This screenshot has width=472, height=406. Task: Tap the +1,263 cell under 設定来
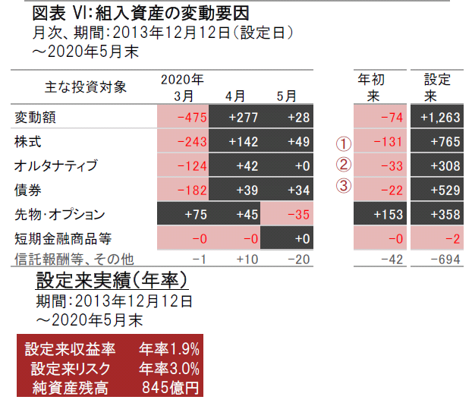[x=440, y=118]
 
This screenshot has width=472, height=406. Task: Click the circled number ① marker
[x=344, y=142]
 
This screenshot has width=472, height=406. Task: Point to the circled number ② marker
[x=344, y=165]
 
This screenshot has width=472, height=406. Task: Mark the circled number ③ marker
[x=344, y=187]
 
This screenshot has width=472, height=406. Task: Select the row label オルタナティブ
[x=56, y=165]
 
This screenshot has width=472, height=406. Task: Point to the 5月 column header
[x=286, y=96]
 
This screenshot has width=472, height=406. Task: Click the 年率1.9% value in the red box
[x=168, y=350]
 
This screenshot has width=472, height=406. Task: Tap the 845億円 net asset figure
[x=171, y=388]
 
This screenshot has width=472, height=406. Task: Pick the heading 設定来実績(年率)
[x=112, y=280]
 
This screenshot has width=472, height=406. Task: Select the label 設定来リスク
[x=72, y=369]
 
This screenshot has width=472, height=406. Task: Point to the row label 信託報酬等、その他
[x=74, y=260]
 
